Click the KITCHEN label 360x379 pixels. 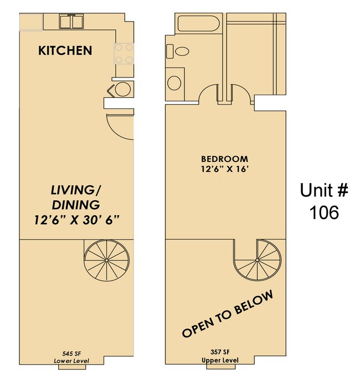(x=65, y=51)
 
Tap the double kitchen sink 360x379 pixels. (x=70, y=21)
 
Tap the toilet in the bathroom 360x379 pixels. (x=179, y=53)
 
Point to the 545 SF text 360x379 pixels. (x=72, y=352)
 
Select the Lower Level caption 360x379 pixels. (x=71, y=361)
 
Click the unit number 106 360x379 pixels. (x=324, y=212)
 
